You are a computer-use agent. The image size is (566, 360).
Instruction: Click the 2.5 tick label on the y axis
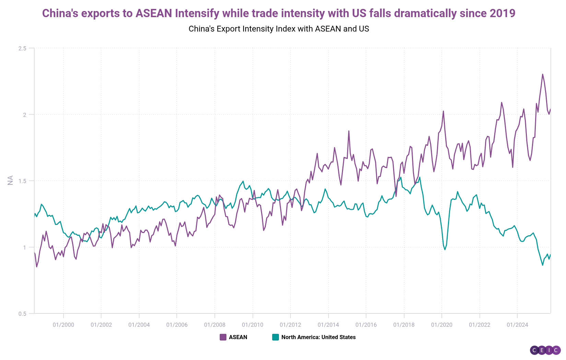click(x=22, y=48)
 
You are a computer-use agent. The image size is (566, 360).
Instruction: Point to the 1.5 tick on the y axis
click(x=22, y=181)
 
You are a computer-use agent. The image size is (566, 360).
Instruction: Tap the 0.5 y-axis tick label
click(x=22, y=314)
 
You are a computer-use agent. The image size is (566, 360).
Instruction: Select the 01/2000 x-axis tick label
click(x=63, y=325)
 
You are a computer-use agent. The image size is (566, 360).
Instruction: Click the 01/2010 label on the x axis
click(x=252, y=325)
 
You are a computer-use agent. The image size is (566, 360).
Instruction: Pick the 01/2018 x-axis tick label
click(x=404, y=325)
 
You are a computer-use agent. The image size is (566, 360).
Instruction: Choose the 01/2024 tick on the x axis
click(x=517, y=325)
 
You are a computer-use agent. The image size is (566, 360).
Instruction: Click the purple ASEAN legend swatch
click(x=223, y=337)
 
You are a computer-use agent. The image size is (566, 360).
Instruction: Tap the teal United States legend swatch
click(x=275, y=337)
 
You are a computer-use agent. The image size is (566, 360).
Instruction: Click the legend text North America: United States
click(x=318, y=337)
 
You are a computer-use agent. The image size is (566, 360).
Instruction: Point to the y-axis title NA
click(x=10, y=180)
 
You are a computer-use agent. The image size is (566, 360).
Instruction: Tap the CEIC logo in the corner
click(x=545, y=350)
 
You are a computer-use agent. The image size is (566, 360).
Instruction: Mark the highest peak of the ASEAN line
click(x=543, y=74)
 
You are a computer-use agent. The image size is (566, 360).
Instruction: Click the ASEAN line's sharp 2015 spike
click(x=349, y=131)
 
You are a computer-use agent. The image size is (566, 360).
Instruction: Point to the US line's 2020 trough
click(x=445, y=249)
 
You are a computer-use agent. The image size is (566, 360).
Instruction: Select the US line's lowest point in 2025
click(x=543, y=265)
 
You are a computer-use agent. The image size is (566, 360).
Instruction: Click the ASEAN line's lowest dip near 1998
click(x=37, y=267)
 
